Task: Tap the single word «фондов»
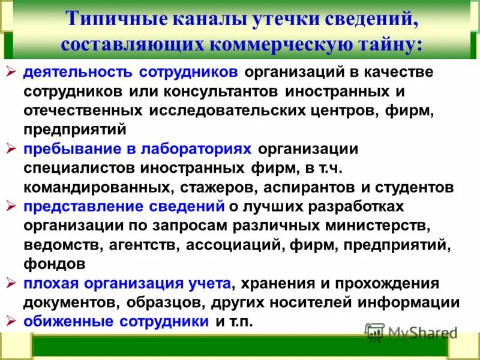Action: pos(50,263)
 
